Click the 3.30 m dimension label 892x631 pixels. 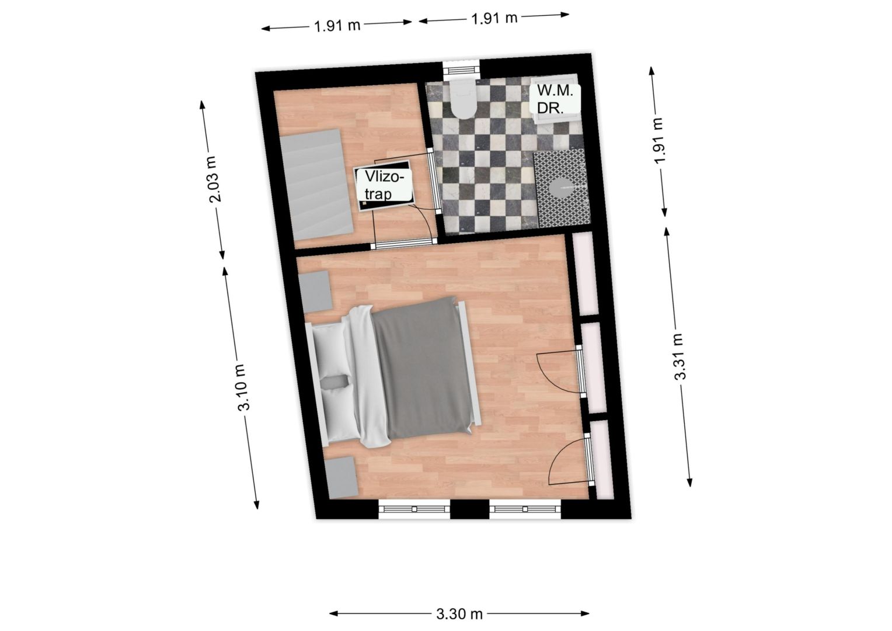click(459, 614)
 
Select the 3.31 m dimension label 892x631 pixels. click(680, 357)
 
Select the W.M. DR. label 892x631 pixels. click(555, 99)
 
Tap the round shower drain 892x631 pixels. click(562, 188)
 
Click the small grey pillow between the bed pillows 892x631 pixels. click(334, 382)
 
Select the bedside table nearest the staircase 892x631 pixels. click(315, 292)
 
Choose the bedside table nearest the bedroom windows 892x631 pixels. click(342, 477)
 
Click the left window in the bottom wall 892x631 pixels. click(414, 509)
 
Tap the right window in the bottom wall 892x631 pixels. click(525, 509)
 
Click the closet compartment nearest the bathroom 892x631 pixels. click(585, 273)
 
